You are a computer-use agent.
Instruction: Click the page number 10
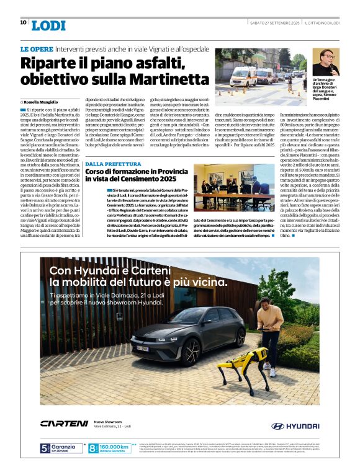click(x=24, y=22)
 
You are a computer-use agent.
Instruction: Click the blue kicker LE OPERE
click(x=35, y=49)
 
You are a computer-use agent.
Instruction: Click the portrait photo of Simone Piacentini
click(x=325, y=63)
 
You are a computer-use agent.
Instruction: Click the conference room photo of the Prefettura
click(x=234, y=187)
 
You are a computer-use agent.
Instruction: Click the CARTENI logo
click(x=64, y=424)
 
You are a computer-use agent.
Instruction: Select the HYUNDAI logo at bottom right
click(x=295, y=426)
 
